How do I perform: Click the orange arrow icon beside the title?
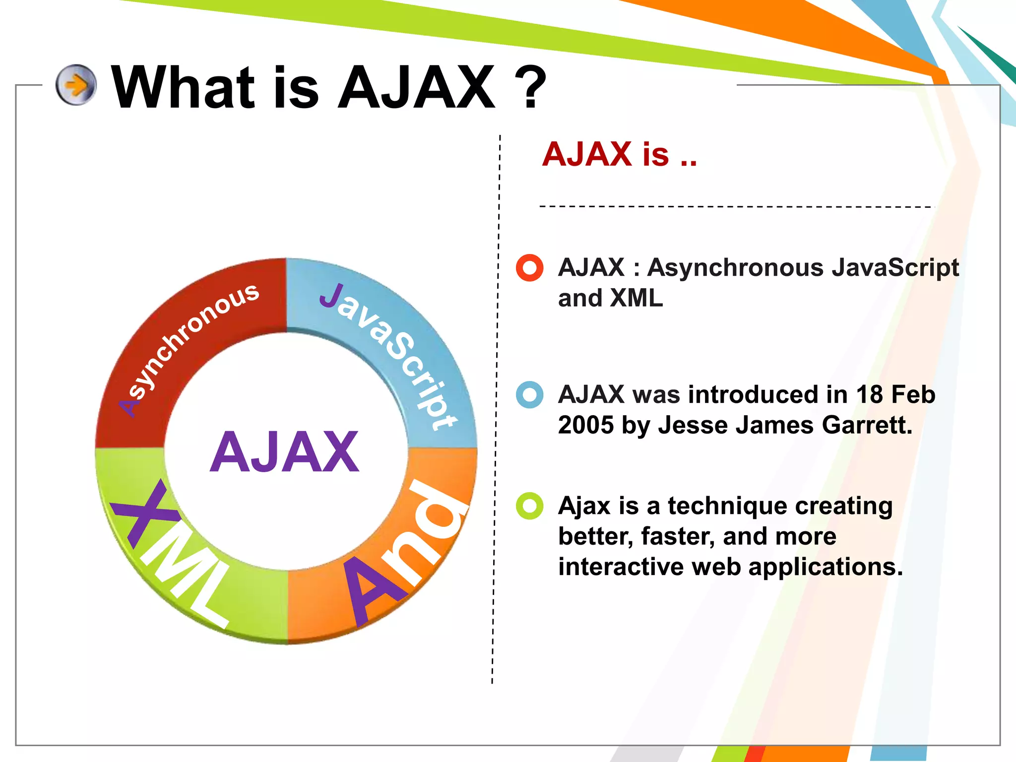(76, 85)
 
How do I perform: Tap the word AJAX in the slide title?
(417, 88)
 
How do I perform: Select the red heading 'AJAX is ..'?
(619, 154)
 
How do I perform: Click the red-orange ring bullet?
(530, 268)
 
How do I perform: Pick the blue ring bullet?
(530, 395)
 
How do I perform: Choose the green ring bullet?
(530, 506)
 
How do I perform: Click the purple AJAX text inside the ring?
(284, 452)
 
